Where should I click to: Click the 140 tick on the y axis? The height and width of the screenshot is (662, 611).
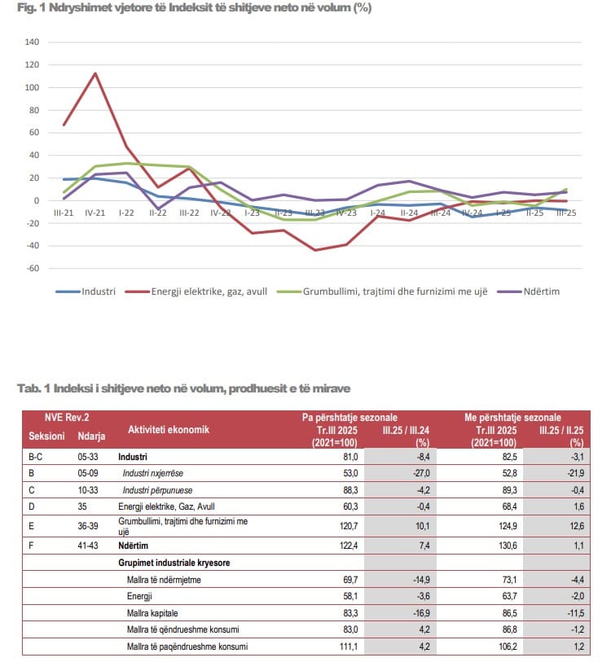pyautogui.click(x=32, y=42)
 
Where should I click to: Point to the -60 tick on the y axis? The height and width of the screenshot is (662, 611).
pyautogui.click(x=32, y=268)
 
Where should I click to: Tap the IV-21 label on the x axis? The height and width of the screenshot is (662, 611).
pyautogui.click(x=95, y=212)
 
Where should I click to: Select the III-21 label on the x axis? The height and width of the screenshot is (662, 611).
pyautogui.click(x=64, y=212)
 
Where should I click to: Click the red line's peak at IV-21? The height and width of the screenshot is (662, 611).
pyautogui.click(x=95, y=73)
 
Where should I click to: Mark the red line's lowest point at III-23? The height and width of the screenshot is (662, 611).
pyautogui.click(x=315, y=250)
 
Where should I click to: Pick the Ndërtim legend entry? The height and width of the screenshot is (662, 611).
pyautogui.click(x=541, y=291)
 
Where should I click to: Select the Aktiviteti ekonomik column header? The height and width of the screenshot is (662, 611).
pyautogui.click(x=168, y=429)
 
